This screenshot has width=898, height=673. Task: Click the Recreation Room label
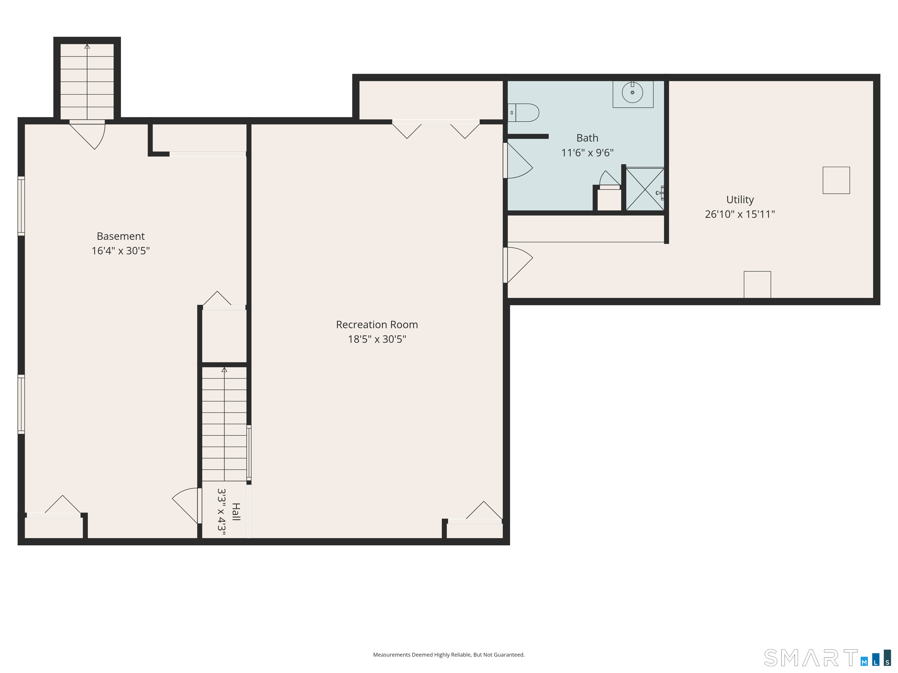point(377,325)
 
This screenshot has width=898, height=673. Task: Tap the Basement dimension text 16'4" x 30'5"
point(120,251)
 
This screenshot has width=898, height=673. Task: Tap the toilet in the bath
point(523,113)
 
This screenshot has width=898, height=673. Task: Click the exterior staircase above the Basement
point(87,81)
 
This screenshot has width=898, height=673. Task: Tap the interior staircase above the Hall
point(224,424)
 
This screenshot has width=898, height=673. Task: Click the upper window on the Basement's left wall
point(21,206)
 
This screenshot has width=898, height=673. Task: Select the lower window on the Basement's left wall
point(21,405)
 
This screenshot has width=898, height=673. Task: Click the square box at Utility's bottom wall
point(757,285)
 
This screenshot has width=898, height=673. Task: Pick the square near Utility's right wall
point(836,180)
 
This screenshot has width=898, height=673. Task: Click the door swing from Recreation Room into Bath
point(518,161)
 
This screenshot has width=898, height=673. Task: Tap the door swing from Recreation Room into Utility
point(518,265)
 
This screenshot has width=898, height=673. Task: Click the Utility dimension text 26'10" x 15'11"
point(740,214)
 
